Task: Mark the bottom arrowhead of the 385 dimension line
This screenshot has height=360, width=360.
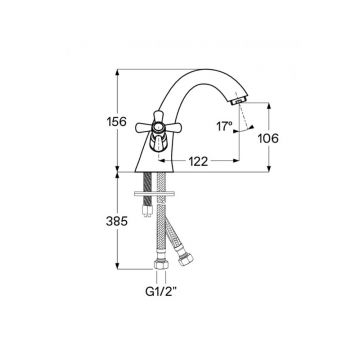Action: click(x=119, y=271)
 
